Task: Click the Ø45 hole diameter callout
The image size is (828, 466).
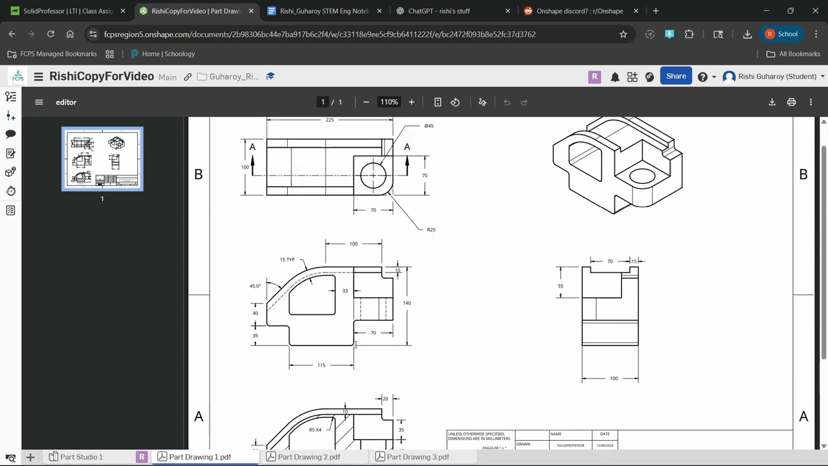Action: (429, 126)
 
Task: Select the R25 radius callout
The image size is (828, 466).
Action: (431, 229)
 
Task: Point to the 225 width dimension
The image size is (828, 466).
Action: (330, 120)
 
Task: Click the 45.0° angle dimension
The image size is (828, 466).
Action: (255, 285)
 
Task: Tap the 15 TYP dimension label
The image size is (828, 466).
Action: (287, 260)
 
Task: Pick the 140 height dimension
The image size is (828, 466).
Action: (407, 303)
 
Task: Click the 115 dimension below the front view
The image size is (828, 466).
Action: (321, 365)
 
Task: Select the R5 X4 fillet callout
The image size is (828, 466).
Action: (315, 430)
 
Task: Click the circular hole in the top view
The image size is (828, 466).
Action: (373, 175)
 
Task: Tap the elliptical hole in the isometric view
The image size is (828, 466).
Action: (642, 175)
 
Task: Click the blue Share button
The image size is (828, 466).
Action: (676, 76)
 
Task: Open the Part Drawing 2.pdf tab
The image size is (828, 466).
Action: (309, 457)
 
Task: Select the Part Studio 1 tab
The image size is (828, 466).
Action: (81, 457)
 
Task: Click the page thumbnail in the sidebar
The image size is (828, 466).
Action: (102, 159)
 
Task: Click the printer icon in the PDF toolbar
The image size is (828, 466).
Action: (791, 102)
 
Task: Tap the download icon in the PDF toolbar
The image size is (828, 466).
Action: (772, 102)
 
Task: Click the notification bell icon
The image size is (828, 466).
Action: (615, 77)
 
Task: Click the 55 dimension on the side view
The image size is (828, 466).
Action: (560, 286)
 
